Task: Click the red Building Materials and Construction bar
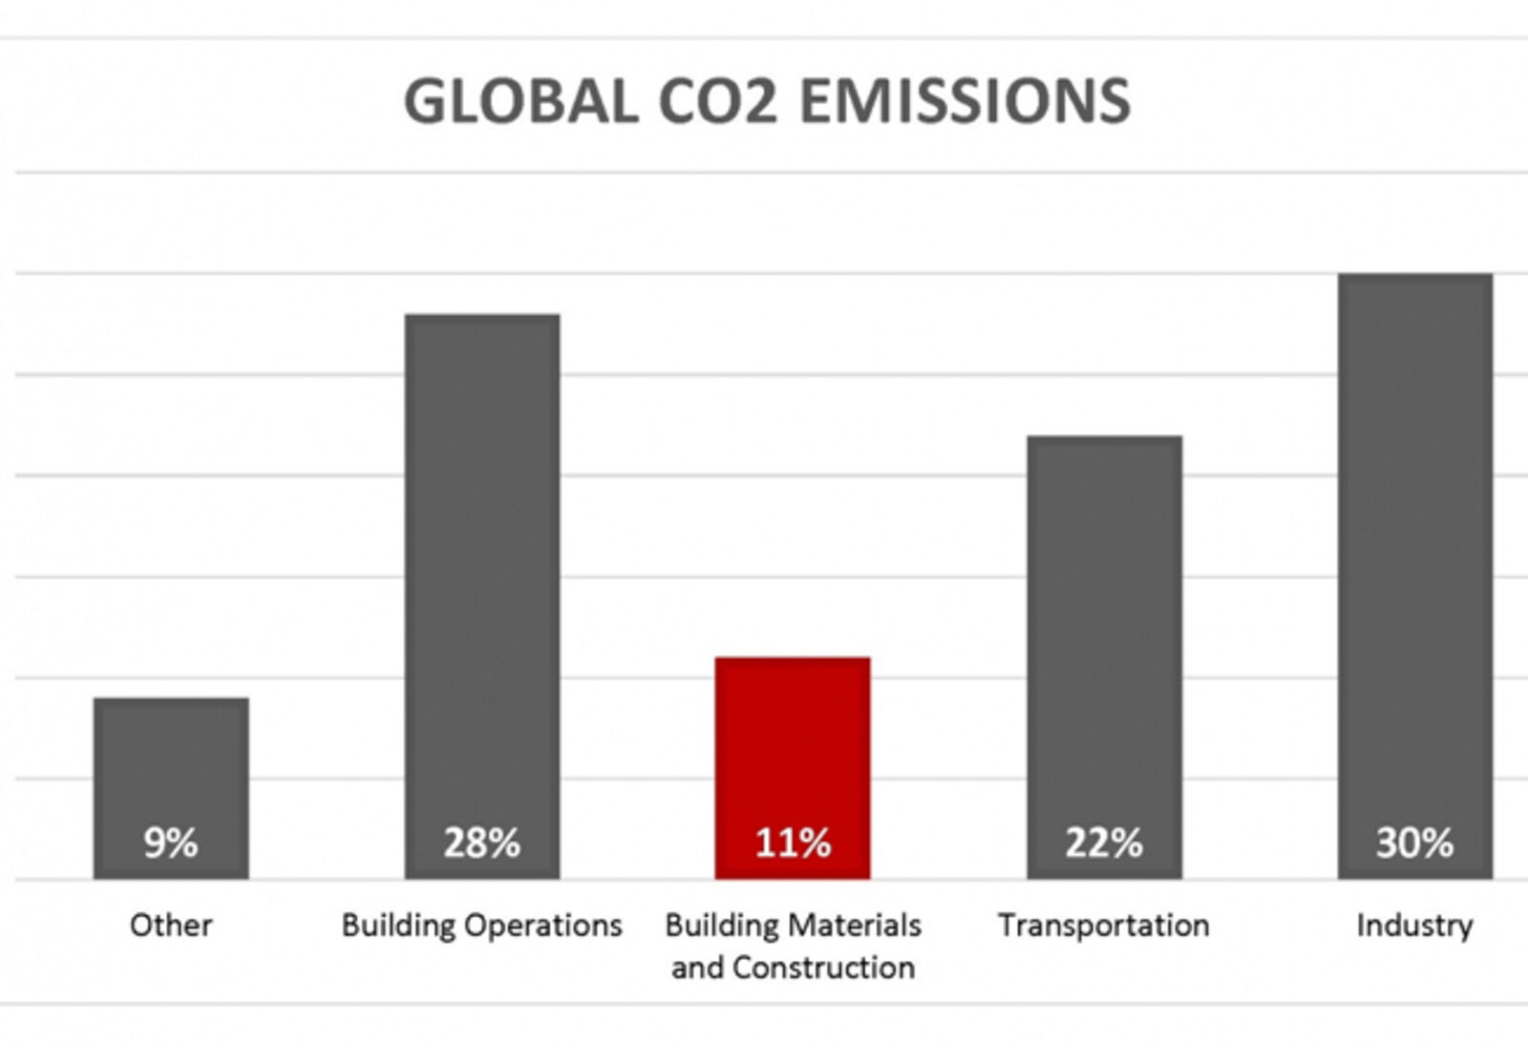(793, 745)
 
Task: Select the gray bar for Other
(171, 764)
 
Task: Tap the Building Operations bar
(482, 573)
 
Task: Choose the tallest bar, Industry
(1414, 554)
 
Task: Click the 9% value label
(171, 842)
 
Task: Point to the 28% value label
(482, 842)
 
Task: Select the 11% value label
(793, 842)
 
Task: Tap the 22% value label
(1104, 842)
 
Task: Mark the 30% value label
(1414, 842)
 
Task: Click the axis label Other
(171, 925)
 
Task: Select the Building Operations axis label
(482, 925)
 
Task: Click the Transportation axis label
(1104, 925)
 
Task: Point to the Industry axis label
(1414, 925)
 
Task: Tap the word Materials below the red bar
(855, 925)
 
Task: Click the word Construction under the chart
(823, 968)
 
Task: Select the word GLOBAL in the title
(520, 101)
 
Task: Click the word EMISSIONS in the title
(965, 101)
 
